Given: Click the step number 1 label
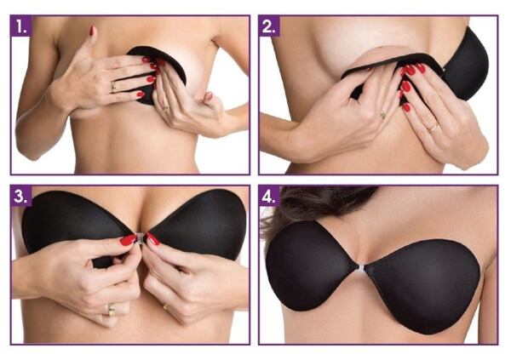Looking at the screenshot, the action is point(21,26).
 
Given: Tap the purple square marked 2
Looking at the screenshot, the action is point(269,26).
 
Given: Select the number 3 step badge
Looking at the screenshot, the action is point(21,196).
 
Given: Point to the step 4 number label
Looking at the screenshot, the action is point(269,196).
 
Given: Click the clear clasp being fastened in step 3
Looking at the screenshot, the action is point(141,238).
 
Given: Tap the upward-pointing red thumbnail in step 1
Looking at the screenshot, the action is point(92,31).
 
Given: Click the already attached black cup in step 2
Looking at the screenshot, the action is point(466,66).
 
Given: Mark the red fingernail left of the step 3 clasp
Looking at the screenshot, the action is point(128,240).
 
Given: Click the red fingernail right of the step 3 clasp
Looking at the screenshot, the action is point(153,239).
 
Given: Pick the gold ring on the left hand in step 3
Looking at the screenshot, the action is point(112,310).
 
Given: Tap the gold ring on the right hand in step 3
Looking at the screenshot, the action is point(166,306).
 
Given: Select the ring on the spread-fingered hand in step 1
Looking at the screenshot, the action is point(114,87).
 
